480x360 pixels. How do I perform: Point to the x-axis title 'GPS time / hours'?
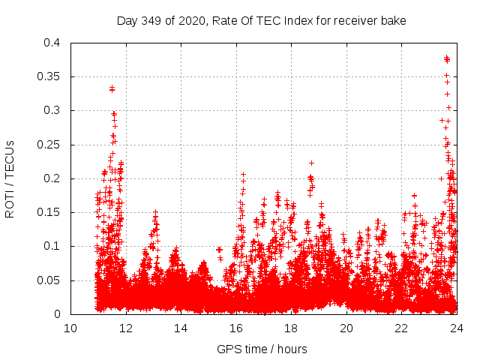(262, 349)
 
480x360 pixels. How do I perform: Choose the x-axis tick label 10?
(70, 328)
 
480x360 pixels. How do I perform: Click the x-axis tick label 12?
(125, 328)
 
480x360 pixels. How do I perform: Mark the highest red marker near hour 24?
(447, 58)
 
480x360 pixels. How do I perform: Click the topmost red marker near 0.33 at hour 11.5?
(112, 88)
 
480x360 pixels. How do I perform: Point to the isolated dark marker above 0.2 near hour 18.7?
(311, 163)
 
